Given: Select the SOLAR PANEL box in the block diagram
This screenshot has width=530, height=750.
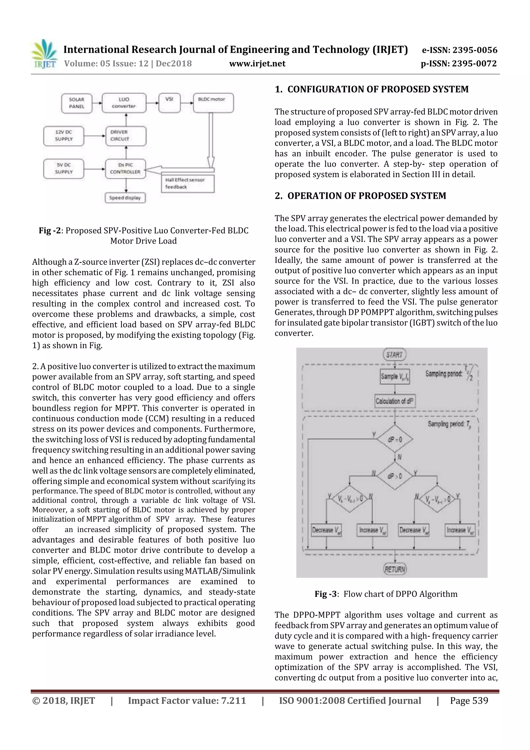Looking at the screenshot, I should [77, 103].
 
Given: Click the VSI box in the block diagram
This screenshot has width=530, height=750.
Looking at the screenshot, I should [169, 103].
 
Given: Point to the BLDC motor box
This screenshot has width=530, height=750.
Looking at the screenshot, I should [213, 103].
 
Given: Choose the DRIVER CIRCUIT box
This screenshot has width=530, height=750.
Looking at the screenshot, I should [126, 136].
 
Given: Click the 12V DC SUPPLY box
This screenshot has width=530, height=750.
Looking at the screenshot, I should [64, 136].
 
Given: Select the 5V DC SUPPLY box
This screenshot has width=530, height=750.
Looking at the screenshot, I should [64, 169].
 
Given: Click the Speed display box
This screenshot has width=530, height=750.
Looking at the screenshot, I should [125, 198].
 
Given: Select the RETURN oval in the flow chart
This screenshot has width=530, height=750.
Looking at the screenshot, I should [395, 569].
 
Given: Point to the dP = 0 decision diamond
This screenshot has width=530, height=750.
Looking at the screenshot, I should [395, 439].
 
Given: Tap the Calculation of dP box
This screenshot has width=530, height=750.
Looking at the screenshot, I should [395, 401].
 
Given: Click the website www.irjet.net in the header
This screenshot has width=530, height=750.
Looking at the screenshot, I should [257, 64].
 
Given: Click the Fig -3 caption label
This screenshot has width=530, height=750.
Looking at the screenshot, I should [326, 594].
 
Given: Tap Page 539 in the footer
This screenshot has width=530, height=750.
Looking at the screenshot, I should [469, 700].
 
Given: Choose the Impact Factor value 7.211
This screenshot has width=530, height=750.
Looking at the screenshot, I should [187, 700].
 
